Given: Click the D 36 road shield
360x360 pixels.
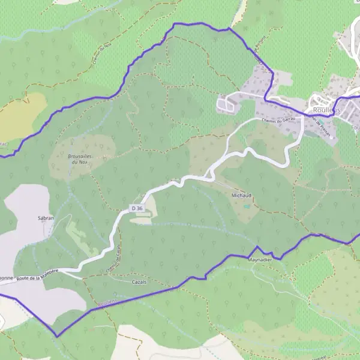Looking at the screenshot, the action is coord(137,208).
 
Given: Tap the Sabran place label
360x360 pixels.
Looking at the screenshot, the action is coord(46,218).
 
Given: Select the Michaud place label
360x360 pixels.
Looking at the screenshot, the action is coord(239,195).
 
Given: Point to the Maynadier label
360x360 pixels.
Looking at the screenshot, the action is coord(260,260).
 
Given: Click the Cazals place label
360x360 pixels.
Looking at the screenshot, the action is coord(139,281).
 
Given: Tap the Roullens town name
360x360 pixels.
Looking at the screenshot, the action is coord(326,110).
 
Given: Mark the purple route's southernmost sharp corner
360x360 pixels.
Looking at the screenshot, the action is coord(57,336).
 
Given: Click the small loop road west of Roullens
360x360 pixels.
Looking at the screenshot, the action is coord(226,105).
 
